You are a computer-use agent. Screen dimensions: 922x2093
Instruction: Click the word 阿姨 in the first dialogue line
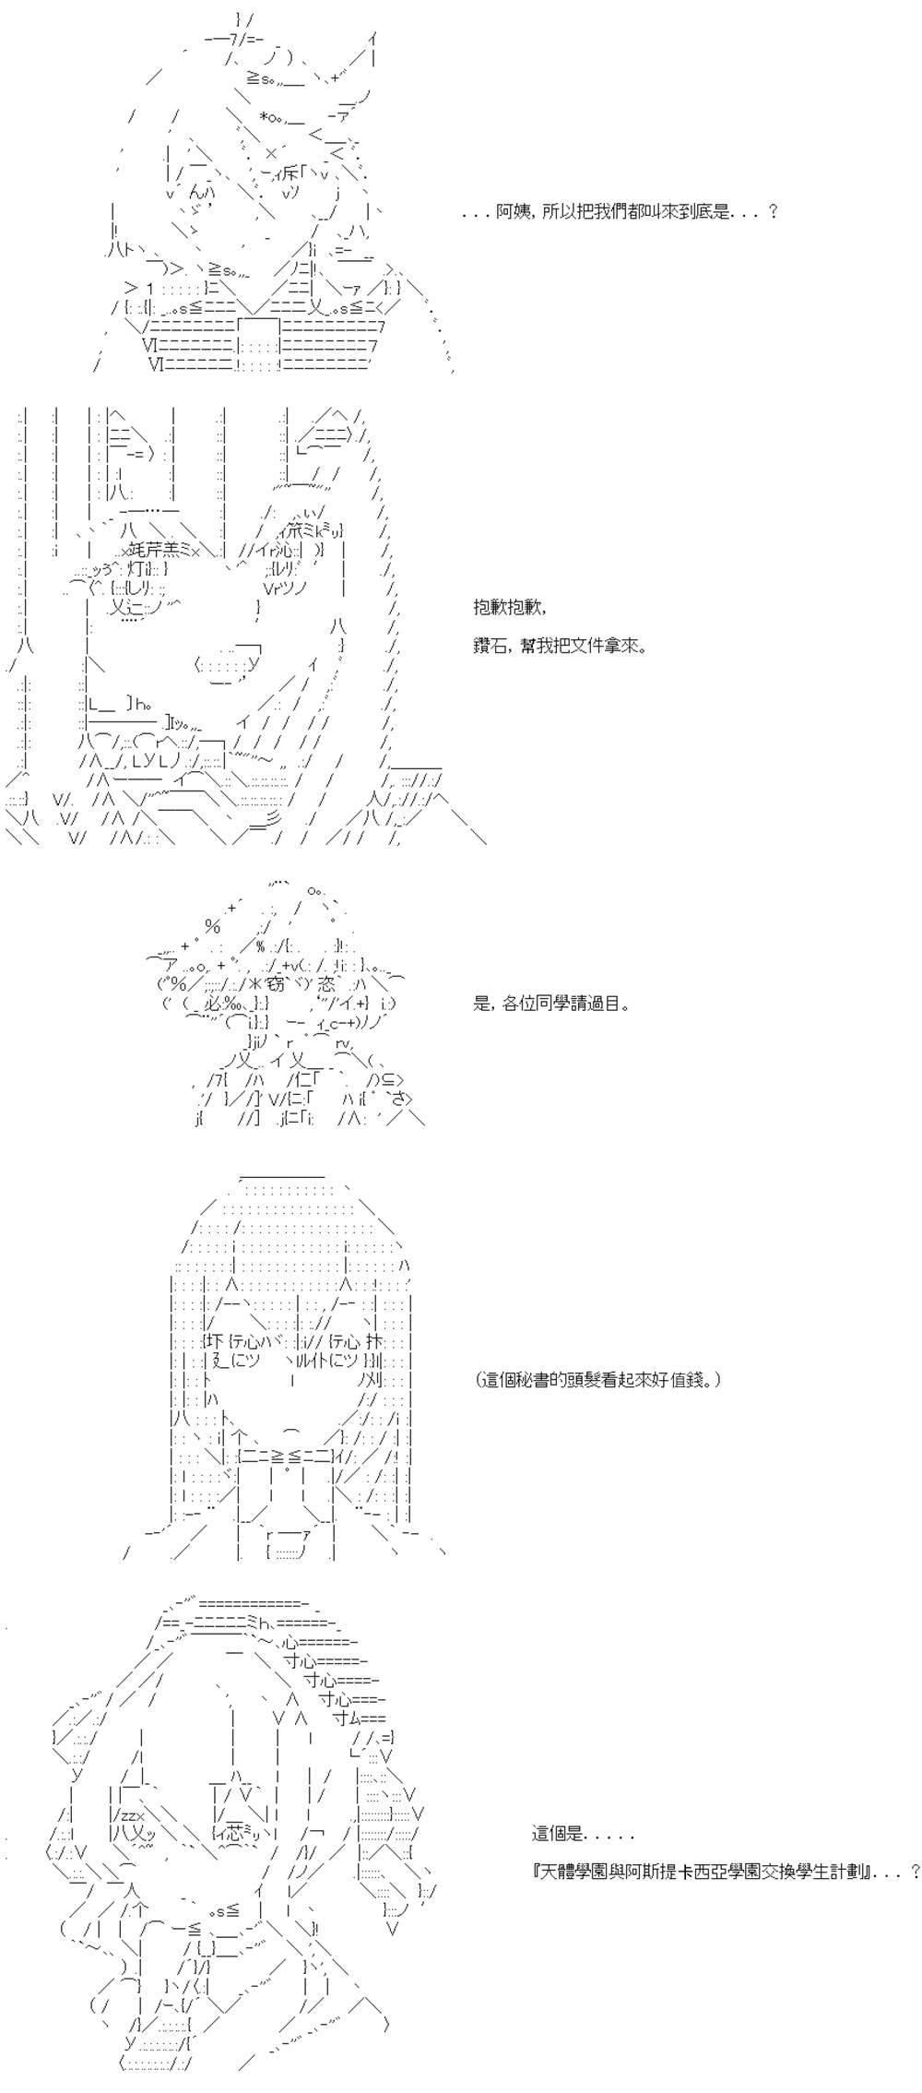(511, 212)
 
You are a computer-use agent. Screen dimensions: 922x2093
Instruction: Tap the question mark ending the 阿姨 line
(773, 212)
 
